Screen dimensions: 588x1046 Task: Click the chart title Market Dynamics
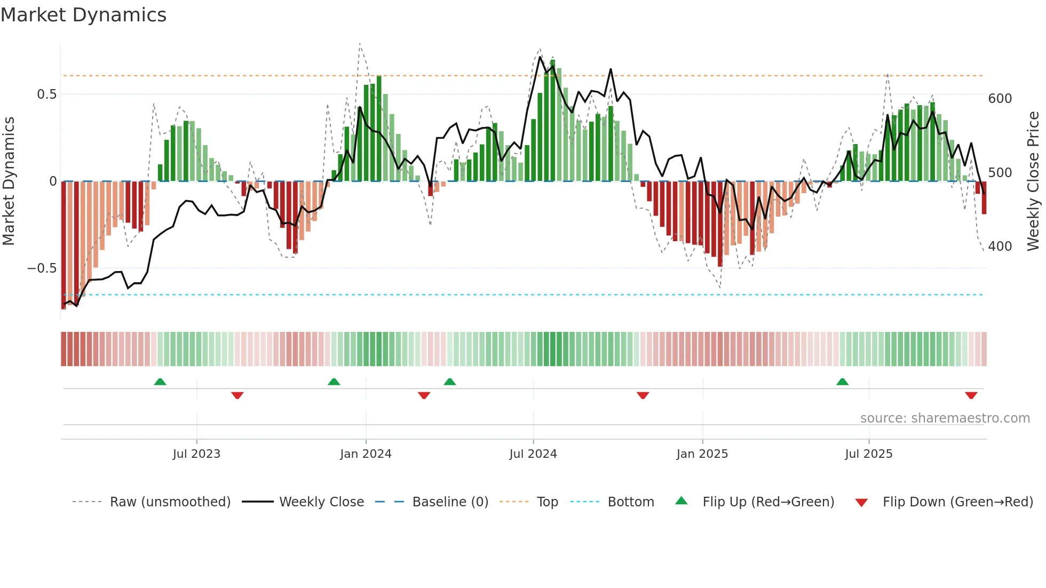(x=83, y=15)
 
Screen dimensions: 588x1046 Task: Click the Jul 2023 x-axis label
(x=196, y=454)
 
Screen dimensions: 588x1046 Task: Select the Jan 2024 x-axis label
(x=366, y=454)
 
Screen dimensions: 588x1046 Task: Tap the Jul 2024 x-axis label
(x=533, y=454)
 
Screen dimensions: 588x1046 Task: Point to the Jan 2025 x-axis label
(x=702, y=454)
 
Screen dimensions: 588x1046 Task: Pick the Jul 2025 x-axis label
(x=868, y=454)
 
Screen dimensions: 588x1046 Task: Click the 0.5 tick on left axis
(x=46, y=94)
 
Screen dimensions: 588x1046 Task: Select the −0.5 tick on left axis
(x=42, y=268)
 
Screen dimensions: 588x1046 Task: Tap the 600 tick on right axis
(x=1000, y=99)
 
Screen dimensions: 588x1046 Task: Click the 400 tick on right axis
(x=1000, y=247)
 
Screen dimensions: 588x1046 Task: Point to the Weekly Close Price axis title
(x=1033, y=181)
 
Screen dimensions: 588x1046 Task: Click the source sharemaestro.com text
(x=945, y=418)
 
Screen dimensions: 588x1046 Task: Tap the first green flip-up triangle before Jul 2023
(x=160, y=382)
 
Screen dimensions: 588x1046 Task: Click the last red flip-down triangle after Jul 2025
(x=971, y=395)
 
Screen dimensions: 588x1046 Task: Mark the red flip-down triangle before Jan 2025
(x=643, y=395)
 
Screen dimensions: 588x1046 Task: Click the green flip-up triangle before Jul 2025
(x=842, y=382)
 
